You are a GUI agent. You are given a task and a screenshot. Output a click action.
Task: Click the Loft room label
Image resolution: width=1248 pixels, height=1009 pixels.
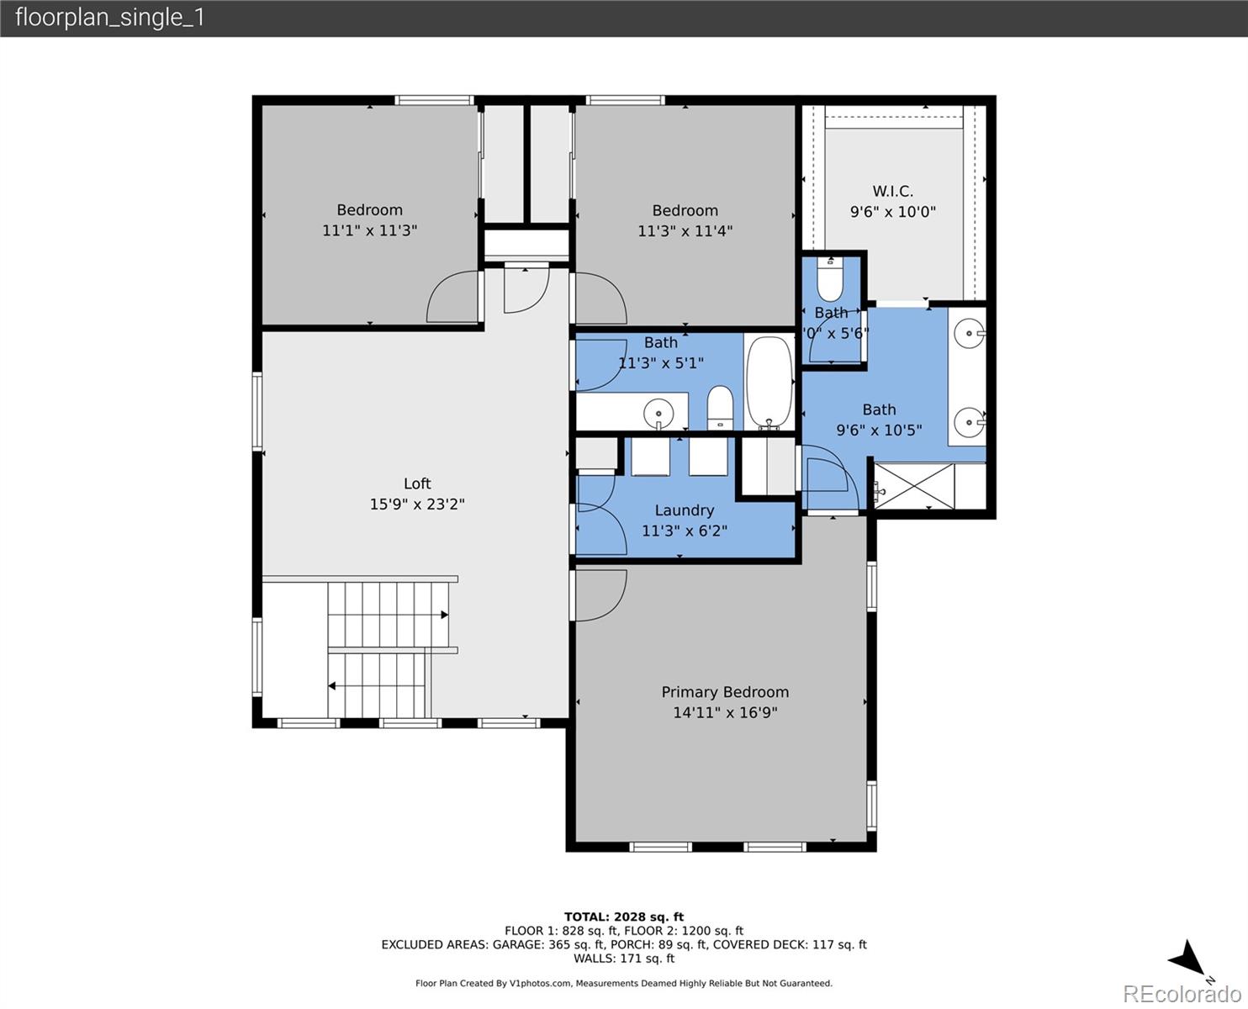point(417,483)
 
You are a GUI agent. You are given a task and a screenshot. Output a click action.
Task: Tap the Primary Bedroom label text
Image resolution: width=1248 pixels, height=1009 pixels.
point(725,692)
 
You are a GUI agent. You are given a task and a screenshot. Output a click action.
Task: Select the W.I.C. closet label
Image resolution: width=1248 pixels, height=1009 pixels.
point(892,192)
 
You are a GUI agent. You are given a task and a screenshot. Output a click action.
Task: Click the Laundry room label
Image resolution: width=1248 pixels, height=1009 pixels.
point(684,510)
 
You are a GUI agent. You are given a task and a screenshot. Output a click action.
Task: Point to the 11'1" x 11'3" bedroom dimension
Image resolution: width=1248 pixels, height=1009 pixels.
point(369,230)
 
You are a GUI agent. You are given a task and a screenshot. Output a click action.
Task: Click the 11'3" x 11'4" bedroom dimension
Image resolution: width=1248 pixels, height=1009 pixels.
point(685,231)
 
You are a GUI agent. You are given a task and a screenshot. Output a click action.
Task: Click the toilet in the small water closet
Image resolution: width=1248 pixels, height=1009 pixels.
point(830,281)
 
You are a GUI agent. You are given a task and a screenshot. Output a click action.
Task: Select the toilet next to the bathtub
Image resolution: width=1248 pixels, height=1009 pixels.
point(720,406)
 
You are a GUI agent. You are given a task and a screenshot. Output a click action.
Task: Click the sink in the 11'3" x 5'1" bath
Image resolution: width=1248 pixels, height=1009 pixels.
point(658,413)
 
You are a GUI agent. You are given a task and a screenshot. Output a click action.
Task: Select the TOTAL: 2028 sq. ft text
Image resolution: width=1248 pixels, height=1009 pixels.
point(623,917)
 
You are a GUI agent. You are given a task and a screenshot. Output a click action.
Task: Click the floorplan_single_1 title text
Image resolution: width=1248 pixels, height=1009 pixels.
point(110,18)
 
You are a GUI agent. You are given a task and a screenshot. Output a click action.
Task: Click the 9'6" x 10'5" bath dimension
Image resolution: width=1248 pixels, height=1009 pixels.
point(879,431)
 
